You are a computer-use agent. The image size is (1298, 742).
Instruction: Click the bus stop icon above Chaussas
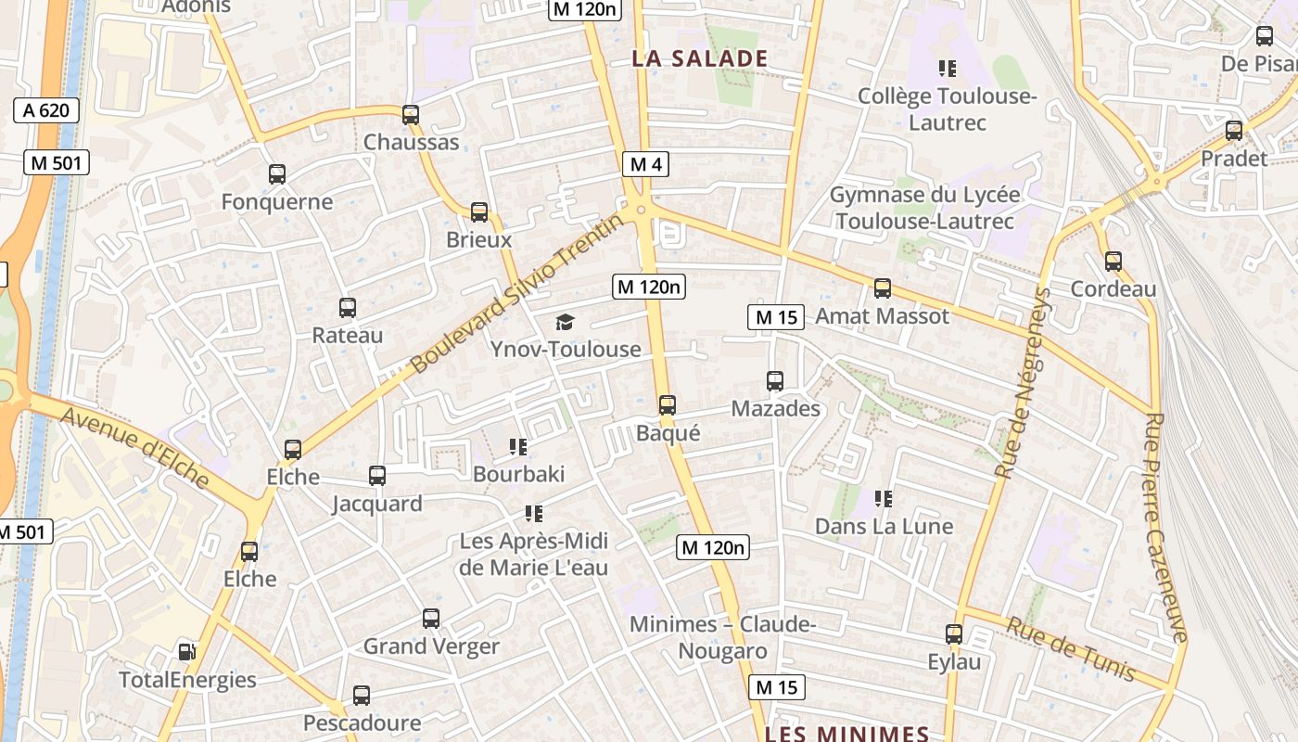[x=410, y=115]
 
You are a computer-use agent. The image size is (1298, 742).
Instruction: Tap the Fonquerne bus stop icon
[x=276, y=174]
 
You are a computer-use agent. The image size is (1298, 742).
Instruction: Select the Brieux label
[x=478, y=239]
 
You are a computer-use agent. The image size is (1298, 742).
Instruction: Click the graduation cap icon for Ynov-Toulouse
[x=565, y=322]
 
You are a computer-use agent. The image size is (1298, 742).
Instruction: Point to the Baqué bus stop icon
[x=667, y=405]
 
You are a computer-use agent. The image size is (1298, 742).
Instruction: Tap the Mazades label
[x=775, y=408]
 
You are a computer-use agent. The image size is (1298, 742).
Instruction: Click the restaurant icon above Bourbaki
[x=518, y=447]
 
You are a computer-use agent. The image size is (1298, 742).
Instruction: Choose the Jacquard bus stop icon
[x=376, y=476]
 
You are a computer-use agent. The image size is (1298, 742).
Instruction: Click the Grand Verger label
[x=431, y=646]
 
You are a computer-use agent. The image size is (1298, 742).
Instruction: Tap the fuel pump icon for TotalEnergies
[x=186, y=652]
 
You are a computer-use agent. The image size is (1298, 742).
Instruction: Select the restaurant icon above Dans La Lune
[x=884, y=499]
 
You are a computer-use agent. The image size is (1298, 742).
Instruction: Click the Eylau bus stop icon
[x=954, y=634]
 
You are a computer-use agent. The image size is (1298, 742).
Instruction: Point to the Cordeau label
[x=1113, y=288]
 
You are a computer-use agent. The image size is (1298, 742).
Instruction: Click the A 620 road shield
[x=46, y=110]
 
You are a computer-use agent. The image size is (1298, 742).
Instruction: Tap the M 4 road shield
[x=645, y=164]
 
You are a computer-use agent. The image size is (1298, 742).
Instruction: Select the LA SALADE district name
[x=700, y=58]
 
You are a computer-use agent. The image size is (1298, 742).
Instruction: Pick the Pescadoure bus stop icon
[x=361, y=696]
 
